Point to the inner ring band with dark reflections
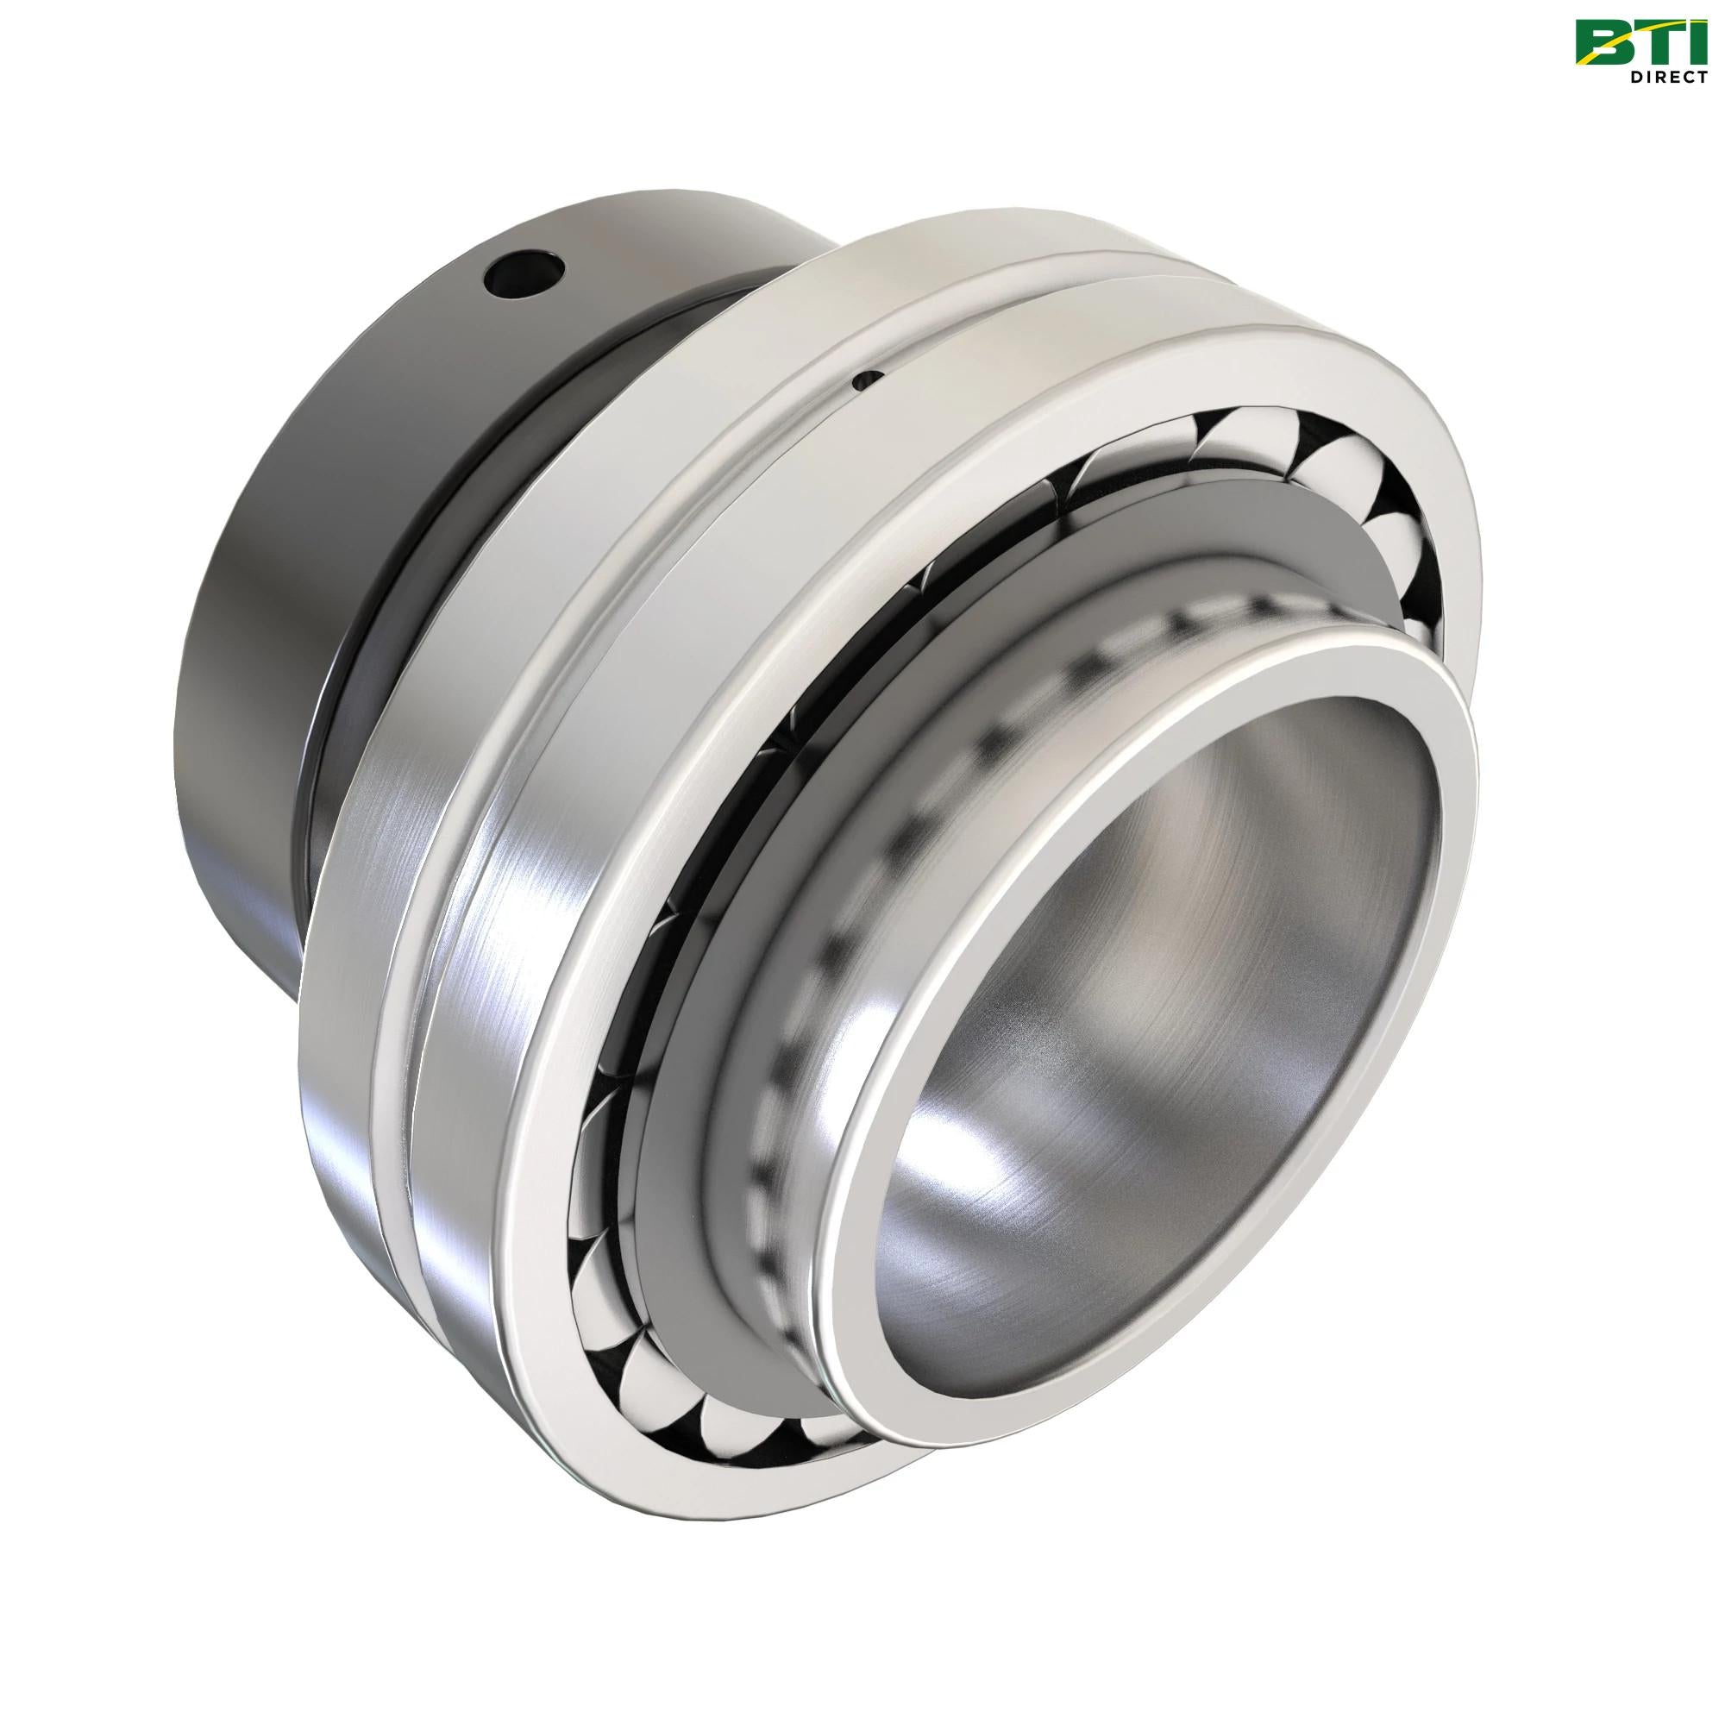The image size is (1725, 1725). [x=804, y=938]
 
